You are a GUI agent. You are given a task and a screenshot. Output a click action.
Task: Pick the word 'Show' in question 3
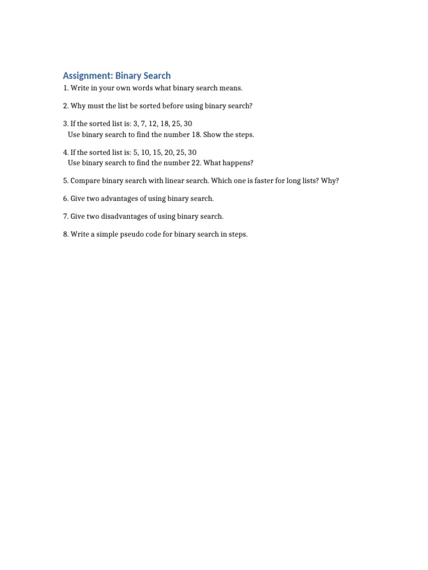pos(215,135)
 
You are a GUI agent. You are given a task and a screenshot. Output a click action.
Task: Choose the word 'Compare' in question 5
pos(85,181)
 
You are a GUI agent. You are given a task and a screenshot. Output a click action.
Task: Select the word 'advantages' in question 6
pos(114,199)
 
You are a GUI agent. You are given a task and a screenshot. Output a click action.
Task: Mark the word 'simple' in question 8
pos(104,234)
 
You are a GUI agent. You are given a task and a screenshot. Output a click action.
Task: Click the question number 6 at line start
pos(65,199)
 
